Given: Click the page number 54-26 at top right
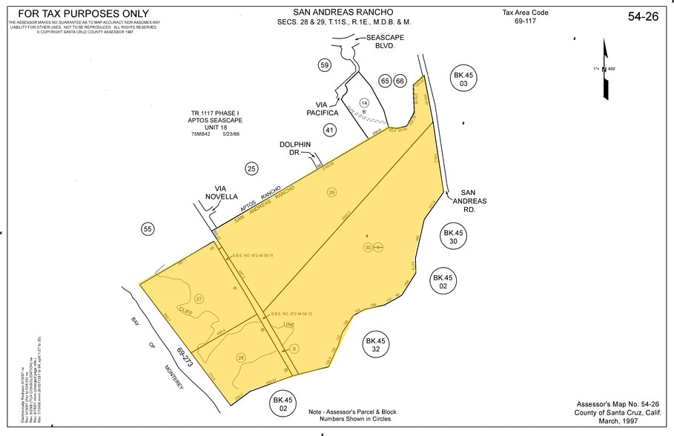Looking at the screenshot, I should (x=643, y=16).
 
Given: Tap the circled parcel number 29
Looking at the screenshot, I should (x=331, y=192).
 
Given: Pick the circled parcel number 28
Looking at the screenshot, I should (x=241, y=358).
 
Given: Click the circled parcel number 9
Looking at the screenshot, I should (x=294, y=349).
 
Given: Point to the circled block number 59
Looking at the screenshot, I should (x=324, y=65).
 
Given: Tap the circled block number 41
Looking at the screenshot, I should (x=330, y=130).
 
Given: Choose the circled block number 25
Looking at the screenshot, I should (x=252, y=169).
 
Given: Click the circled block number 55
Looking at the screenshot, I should (x=148, y=230).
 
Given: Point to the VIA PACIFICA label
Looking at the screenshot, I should (x=322, y=108).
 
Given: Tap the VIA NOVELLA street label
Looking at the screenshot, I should (x=219, y=193).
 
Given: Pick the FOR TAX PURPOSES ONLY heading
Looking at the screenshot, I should (x=83, y=13).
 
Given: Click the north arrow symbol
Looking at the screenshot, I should (x=606, y=70).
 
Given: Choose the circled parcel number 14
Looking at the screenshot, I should (x=364, y=102).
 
